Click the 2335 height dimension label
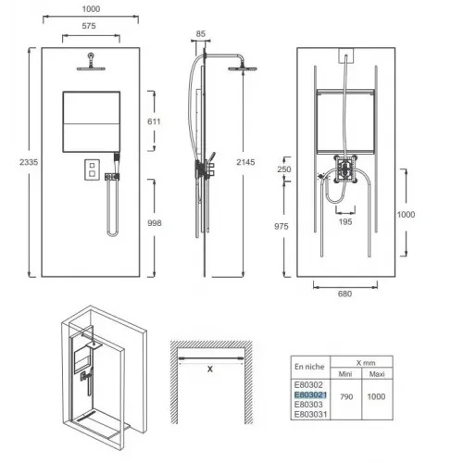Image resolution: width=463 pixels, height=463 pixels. pyautogui.click(x=29, y=162)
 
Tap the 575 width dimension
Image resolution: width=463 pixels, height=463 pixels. pyautogui.click(x=89, y=26)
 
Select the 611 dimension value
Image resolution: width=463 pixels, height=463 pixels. pyautogui.click(x=154, y=121)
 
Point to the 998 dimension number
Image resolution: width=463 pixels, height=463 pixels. pyautogui.click(x=155, y=223)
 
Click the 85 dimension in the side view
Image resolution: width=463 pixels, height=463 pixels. pyautogui.click(x=201, y=34)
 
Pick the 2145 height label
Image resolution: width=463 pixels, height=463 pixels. pyautogui.click(x=245, y=162)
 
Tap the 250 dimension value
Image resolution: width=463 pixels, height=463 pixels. pyautogui.click(x=284, y=169)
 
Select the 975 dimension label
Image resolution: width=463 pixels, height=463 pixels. pyautogui.click(x=282, y=226)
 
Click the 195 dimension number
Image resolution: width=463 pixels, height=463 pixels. pyautogui.click(x=345, y=221)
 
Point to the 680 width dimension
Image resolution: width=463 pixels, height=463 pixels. pyautogui.click(x=344, y=294)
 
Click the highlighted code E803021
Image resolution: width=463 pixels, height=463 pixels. pyautogui.click(x=310, y=394)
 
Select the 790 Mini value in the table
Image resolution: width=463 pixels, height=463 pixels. pyautogui.click(x=346, y=396)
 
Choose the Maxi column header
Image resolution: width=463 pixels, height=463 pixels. pyautogui.click(x=377, y=374)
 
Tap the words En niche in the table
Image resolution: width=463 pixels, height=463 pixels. pyautogui.click(x=309, y=367)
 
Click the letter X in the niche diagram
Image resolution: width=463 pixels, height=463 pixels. pyautogui.click(x=210, y=369)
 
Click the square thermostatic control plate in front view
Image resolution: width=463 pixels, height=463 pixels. pyautogui.click(x=92, y=169)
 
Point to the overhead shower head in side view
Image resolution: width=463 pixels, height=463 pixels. pyautogui.click(x=243, y=69)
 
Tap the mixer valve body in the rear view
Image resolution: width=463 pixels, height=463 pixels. pyautogui.click(x=345, y=169)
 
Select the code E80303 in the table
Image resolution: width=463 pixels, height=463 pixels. pyautogui.click(x=308, y=405)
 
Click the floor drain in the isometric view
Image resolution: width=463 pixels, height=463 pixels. pyautogui.click(x=85, y=417)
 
